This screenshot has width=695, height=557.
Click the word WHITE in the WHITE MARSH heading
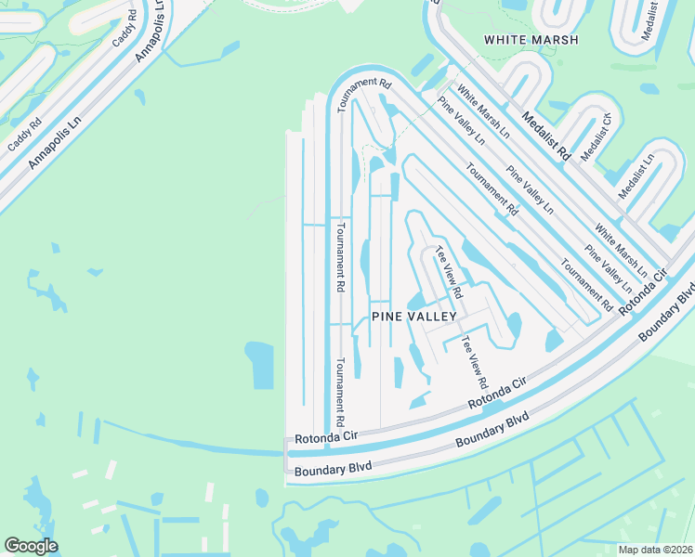[505, 40]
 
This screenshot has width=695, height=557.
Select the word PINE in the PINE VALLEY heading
[387, 317]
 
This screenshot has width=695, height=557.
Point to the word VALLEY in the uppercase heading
[432, 317]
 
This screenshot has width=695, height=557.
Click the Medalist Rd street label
[544, 136]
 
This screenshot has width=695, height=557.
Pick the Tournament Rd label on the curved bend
[365, 94]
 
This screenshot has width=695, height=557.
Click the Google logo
[31, 546]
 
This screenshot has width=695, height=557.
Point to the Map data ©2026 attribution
[654, 550]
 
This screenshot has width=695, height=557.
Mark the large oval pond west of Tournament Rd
[259, 364]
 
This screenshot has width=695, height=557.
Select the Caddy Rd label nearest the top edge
[124, 35]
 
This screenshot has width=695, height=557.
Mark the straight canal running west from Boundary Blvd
[186, 439]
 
